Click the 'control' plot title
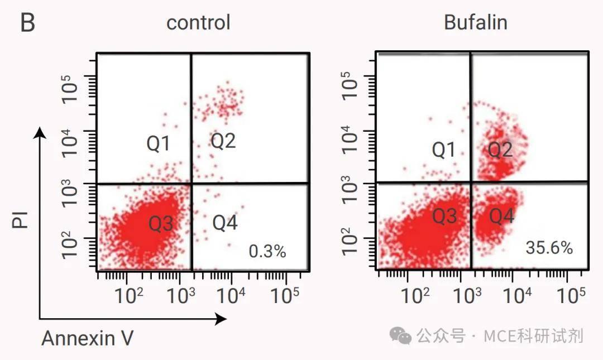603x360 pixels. (x=198, y=23)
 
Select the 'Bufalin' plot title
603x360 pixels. (x=476, y=22)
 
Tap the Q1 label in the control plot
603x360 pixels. (x=159, y=144)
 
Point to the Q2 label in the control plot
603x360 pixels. (x=223, y=141)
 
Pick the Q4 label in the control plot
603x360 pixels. (x=226, y=223)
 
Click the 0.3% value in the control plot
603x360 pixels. (x=267, y=252)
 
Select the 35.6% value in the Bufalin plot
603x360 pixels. (x=549, y=248)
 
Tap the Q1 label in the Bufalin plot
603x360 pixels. (x=444, y=150)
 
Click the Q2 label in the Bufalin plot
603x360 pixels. (x=500, y=149)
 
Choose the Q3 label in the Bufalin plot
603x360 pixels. (x=445, y=216)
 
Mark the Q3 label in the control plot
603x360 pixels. (x=161, y=224)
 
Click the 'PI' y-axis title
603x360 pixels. (x=21, y=220)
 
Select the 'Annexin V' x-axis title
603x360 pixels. (x=87, y=338)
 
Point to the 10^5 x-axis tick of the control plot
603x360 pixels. (x=286, y=295)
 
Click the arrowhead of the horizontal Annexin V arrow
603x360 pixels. (x=221, y=319)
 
